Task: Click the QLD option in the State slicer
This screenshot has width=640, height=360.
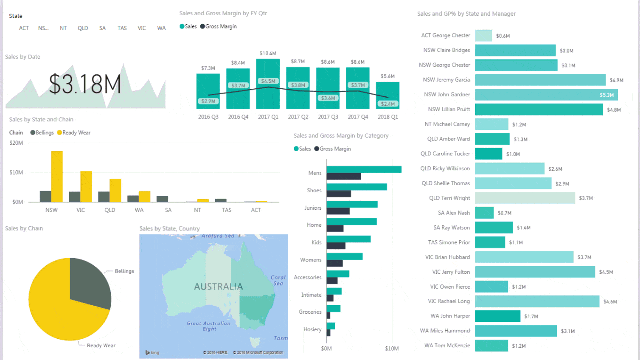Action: coord(83,28)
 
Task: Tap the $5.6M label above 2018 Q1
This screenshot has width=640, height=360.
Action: coord(387,76)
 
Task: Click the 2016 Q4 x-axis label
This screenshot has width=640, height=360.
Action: coord(238,117)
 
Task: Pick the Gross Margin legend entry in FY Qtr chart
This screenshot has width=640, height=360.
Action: coord(219,26)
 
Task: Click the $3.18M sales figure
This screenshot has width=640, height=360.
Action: coord(85,84)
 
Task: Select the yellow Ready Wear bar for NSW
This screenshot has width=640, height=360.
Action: coord(57,176)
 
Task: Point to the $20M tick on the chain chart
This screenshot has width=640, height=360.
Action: coord(16,143)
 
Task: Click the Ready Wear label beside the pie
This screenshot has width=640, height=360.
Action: coord(101,346)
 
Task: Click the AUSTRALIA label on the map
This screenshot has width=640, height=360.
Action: coord(218,287)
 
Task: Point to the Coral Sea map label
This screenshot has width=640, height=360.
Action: coord(278,280)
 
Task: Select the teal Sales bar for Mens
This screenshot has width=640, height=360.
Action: coord(364,169)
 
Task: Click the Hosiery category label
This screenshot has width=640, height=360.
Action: coord(312,329)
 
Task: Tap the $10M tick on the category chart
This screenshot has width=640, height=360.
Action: coord(392,349)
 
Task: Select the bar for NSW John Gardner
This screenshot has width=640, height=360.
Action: coord(546,95)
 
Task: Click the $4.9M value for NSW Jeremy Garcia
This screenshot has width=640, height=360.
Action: coord(616,80)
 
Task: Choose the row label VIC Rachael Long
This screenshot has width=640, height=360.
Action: coord(449,301)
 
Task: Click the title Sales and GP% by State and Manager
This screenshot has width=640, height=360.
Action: coord(466,14)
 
